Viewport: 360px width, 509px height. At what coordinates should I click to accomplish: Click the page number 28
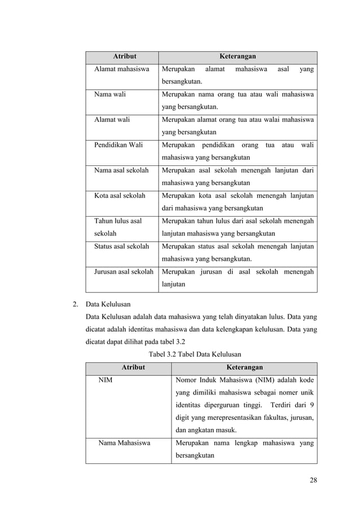[x=313, y=480]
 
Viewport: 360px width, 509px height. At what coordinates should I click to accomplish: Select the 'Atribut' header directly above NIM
[x=128, y=367]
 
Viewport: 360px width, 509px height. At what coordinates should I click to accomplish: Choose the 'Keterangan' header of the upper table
[x=238, y=56]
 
